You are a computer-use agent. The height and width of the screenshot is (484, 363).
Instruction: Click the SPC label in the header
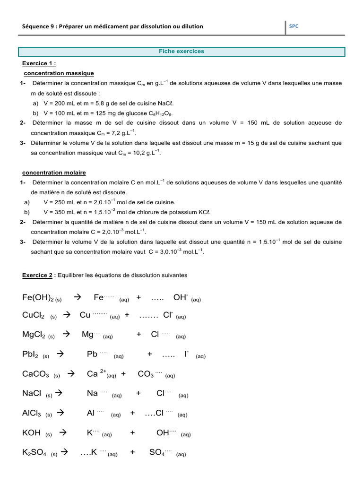[x=294, y=26]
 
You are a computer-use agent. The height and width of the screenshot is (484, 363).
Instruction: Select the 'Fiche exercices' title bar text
[x=181, y=51]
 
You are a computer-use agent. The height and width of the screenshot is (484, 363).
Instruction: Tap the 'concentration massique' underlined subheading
[x=59, y=73]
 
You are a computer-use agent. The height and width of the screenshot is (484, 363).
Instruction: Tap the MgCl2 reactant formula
[x=34, y=335]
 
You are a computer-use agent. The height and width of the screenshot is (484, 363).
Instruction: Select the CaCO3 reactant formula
[x=35, y=374]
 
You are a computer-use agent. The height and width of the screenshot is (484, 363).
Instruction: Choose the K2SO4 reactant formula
[x=35, y=453]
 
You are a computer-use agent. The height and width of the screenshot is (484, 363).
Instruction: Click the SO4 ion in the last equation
[x=157, y=452]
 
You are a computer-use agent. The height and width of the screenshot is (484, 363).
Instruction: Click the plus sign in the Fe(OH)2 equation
[x=138, y=297]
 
